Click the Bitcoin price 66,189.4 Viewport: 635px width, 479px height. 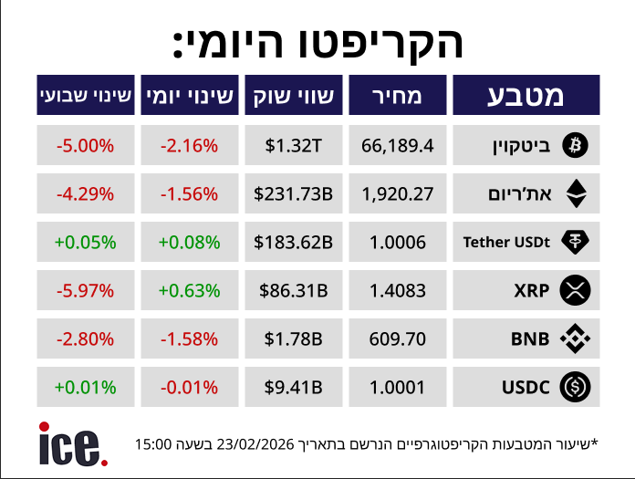(397, 144)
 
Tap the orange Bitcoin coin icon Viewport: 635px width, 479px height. (576, 144)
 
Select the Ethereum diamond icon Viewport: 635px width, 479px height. (576, 193)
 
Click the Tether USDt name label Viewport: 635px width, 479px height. (506, 242)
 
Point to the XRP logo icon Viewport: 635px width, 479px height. (576, 291)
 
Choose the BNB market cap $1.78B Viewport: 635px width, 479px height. (293, 339)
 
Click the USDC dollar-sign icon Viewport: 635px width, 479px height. (576, 388)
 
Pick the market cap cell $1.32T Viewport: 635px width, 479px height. (293, 144)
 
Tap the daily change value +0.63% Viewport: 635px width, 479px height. (189, 291)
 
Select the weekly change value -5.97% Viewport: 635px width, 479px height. (85, 291)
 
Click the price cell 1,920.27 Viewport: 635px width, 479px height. (397, 193)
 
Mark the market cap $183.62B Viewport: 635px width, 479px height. (293, 242)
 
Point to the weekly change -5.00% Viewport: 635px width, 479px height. (85, 144)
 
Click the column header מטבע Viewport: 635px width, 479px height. (526, 95)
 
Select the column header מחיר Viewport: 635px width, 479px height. (397, 95)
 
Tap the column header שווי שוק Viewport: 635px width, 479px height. (293, 95)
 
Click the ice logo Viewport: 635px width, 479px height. (73, 444)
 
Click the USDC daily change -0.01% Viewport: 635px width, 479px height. (189, 388)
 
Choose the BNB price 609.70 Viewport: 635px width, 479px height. (397, 339)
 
